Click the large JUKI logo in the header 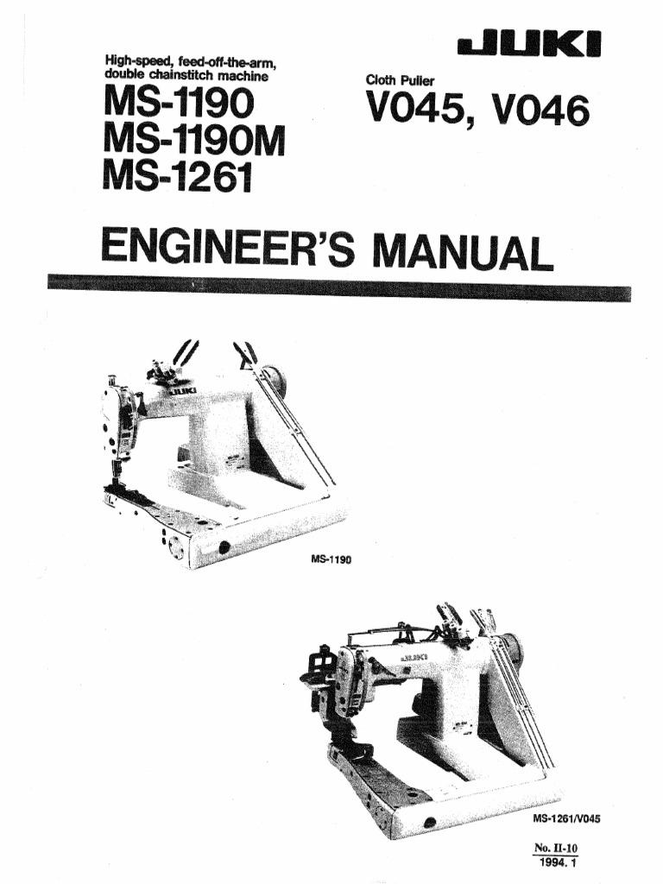point(529,45)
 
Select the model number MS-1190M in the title point(194,141)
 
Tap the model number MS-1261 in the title point(177,175)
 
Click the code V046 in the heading point(541,110)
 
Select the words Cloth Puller point(400,80)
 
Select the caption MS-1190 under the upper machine point(331,560)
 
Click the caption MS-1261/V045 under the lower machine point(566,818)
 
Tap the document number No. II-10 point(557,849)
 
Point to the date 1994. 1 point(559,862)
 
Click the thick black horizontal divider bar point(338,287)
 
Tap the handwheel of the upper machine point(275,378)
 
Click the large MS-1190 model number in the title point(179,104)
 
